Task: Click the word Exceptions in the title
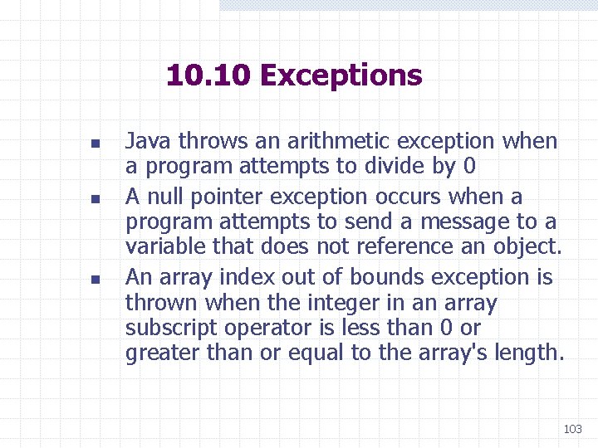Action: tap(341, 75)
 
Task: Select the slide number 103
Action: tap(572, 429)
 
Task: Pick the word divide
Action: tap(395, 167)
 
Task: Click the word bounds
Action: tap(385, 277)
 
